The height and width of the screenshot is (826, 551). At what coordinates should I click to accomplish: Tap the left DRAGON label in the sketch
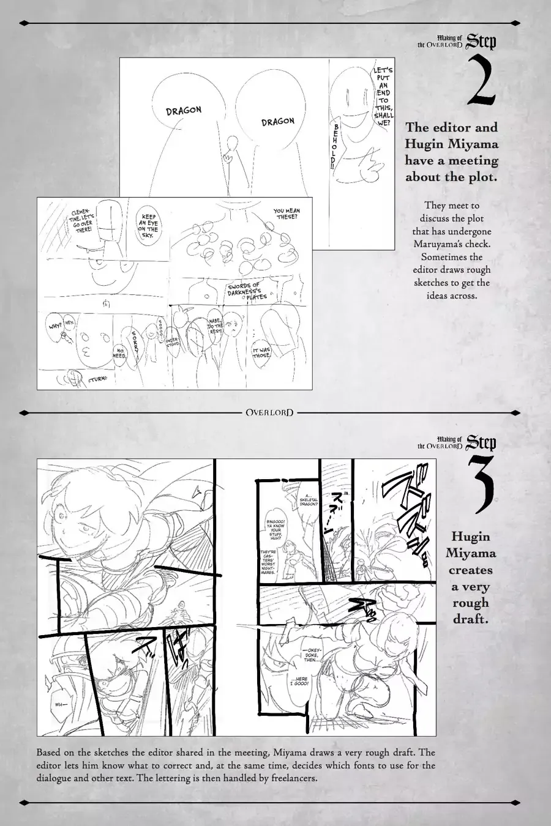tap(184, 110)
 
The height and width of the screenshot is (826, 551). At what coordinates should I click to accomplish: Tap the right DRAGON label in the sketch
tap(277, 121)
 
